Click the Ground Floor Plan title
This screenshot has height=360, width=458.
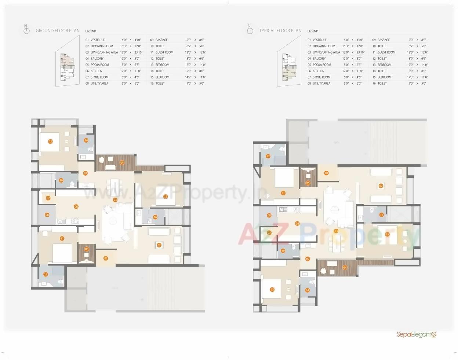click(x=57, y=31)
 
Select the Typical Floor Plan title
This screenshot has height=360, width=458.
click(x=280, y=31)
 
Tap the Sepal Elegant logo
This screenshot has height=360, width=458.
click(x=416, y=334)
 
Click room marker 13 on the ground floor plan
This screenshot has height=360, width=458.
click(x=50, y=142)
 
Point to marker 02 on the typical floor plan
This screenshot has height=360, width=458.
click(x=381, y=186)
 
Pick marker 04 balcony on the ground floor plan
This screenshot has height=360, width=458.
click(x=122, y=163)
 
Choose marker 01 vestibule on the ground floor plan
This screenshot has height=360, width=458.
click(x=106, y=258)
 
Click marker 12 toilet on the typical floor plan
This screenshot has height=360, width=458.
click(x=268, y=157)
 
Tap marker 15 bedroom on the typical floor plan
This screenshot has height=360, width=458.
click(x=387, y=234)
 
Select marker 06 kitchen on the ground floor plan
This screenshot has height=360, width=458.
click(x=76, y=207)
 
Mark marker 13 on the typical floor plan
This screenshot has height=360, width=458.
click(x=272, y=290)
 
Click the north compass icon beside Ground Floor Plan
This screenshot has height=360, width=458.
click(x=26, y=30)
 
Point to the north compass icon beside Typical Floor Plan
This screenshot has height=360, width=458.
click(x=250, y=30)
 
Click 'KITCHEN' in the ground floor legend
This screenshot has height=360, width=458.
click(x=97, y=71)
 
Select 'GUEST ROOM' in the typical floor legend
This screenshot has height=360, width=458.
click(x=386, y=52)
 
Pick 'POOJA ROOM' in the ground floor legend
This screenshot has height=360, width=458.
click(x=99, y=65)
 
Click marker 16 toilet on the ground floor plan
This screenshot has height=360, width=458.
click(x=155, y=217)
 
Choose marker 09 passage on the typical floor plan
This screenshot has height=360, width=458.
click(x=308, y=259)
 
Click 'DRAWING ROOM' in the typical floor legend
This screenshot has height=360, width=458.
click(x=324, y=46)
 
